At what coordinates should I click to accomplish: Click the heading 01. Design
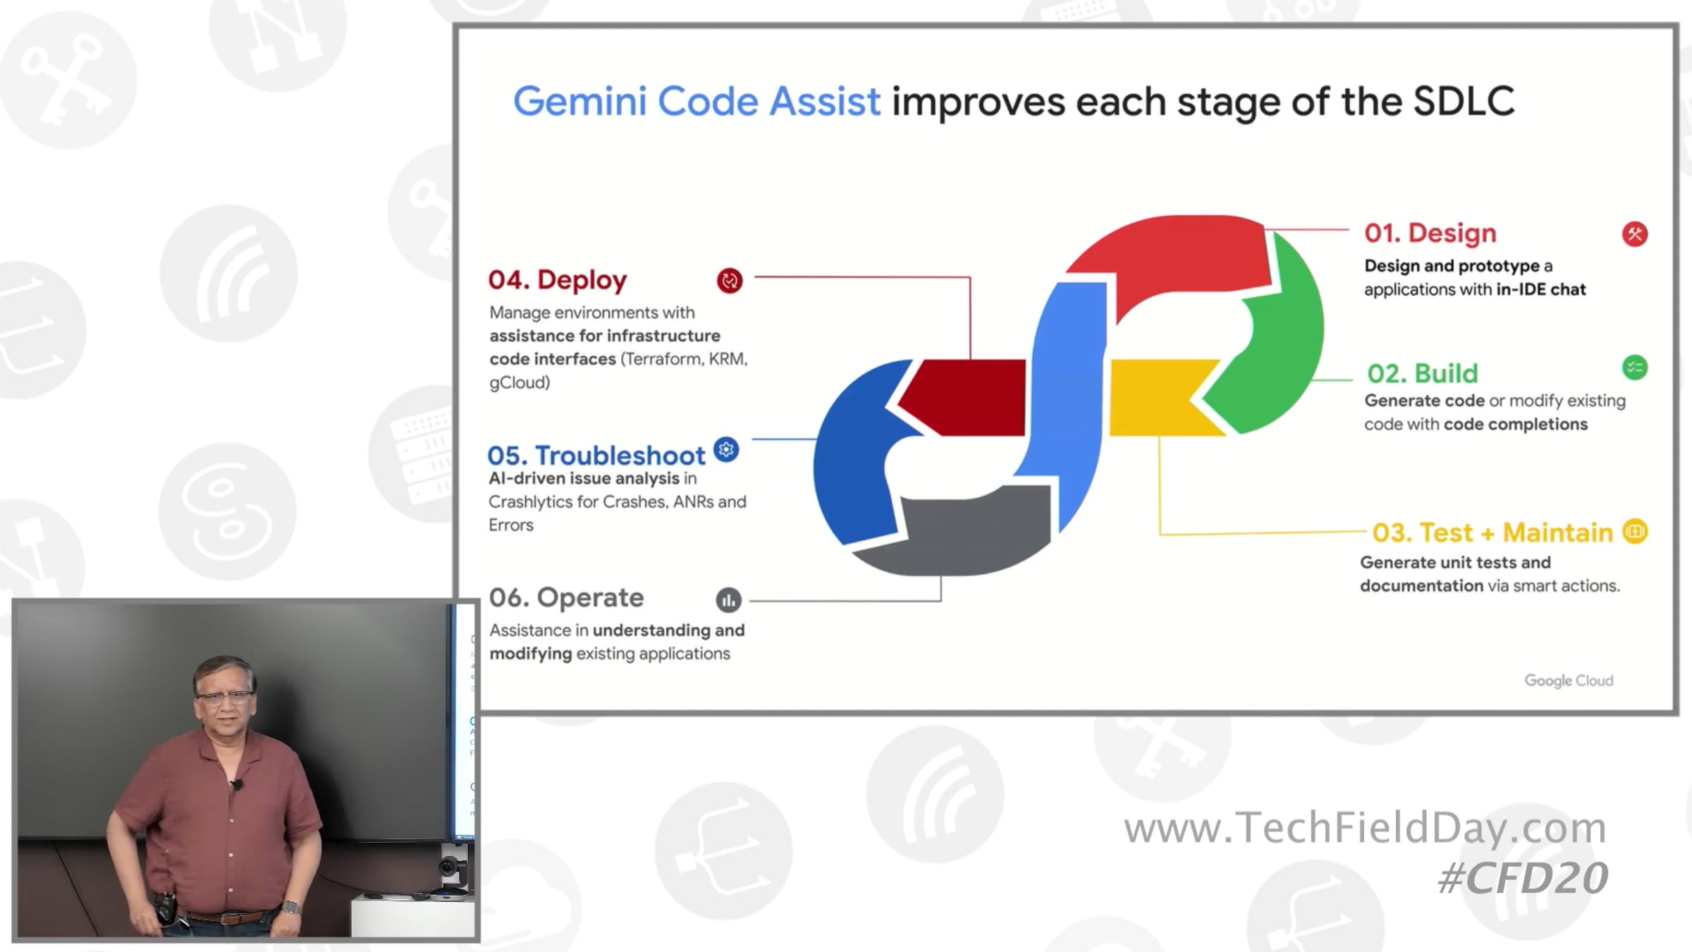tap(1430, 233)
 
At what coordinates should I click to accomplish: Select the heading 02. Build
tap(1422, 373)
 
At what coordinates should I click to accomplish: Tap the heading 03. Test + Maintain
tap(1492, 532)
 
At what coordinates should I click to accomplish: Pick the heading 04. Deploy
tap(557, 280)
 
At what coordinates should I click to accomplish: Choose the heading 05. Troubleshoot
tap(596, 456)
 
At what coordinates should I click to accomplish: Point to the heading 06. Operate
tap(566, 598)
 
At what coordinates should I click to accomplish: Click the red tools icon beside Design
tap(1635, 234)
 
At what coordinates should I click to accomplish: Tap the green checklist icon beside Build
tap(1635, 367)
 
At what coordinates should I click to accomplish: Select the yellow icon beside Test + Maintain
tap(1635, 532)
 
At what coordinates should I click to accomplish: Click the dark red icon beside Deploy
tap(730, 281)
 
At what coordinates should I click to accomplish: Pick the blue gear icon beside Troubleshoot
tap(726, 449)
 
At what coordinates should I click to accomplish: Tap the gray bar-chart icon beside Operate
tap(729, 600)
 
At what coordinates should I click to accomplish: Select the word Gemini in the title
tap(580, 102)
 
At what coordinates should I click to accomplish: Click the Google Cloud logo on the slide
tap(1569, 681)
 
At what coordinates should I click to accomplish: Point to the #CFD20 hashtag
tap(1523, 878)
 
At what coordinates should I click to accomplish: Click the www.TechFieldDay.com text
tap(1365, 827)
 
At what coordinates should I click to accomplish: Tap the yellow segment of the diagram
tap(1167, 398)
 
